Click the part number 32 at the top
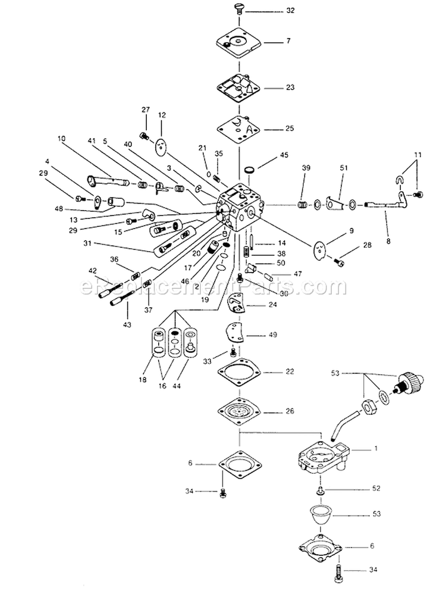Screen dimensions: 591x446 click(x=290, y=11)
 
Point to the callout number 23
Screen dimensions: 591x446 click(x=290, y=87)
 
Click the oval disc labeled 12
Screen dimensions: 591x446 click(x=161, y=145)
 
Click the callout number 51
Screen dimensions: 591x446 click(x=342, y=168)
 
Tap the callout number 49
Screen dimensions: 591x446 click(x=274, y=335)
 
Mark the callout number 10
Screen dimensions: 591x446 click(x=61, y=139)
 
